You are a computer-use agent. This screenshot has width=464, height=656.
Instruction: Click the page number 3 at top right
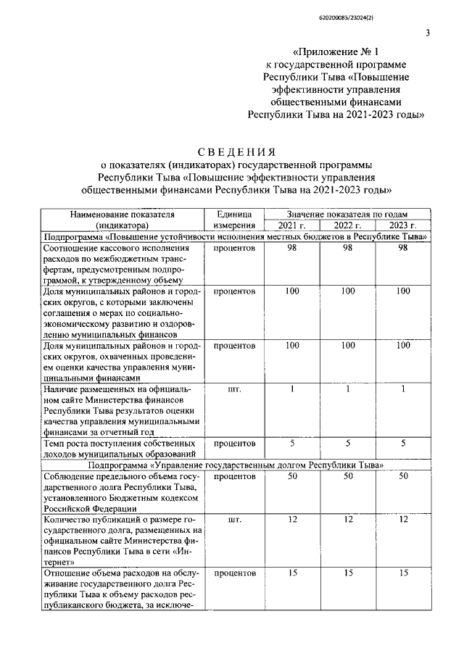tap(428, 33)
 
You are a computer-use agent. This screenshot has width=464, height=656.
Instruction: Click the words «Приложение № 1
tap(339, 53)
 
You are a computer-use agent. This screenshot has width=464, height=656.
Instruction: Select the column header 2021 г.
tap(291, 225)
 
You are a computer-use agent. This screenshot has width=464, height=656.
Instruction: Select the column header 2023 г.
tap(402, 225)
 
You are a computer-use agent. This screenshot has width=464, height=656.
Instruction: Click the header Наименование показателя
tap(123, 215)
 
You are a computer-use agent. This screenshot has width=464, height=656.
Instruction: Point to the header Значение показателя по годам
tap(347, 215)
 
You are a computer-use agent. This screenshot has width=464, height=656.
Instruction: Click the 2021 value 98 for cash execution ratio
tap(291, 248)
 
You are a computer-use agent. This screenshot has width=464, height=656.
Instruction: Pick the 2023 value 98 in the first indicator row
tap(402, 248)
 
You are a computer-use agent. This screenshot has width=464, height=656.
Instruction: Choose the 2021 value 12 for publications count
tap(291, 520)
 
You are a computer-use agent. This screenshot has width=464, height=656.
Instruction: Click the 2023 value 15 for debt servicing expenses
tap(402, 573)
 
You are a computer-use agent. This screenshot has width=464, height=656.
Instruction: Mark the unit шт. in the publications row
tap(234, 520)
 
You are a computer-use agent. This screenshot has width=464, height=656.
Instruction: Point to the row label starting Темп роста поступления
tap(119, 442)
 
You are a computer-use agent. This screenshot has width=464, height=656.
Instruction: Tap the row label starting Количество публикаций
tap(120, 520)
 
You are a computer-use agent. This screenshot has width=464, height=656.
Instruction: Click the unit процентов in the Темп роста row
tap(234, 442)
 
